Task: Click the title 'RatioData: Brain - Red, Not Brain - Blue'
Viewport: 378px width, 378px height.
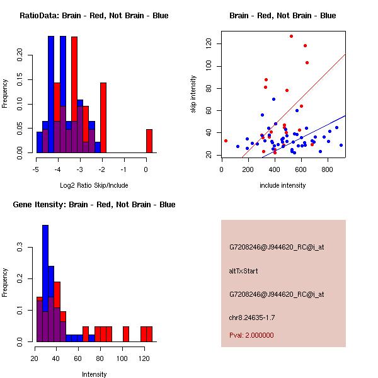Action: coord(94,15)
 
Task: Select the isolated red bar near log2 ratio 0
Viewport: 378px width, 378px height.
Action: coord(149,140)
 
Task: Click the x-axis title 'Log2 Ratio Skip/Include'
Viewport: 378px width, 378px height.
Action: coord(94,185)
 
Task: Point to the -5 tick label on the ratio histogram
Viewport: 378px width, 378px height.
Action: coord(36,169)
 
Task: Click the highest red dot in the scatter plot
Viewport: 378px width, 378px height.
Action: coord(291,36)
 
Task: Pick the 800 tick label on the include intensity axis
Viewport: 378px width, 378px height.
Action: coord(327,169)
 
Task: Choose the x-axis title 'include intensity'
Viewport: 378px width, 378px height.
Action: coord(283,185)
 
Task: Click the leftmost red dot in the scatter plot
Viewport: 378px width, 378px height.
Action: coord(226,140)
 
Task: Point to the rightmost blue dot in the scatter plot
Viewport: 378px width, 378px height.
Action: coord(341,145)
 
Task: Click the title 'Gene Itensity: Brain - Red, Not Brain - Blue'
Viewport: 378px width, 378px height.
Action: coord(94,204)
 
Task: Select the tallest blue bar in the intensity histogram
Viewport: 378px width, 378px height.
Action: coord(45,283)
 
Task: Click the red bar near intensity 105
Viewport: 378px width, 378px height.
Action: coord(126,334)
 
